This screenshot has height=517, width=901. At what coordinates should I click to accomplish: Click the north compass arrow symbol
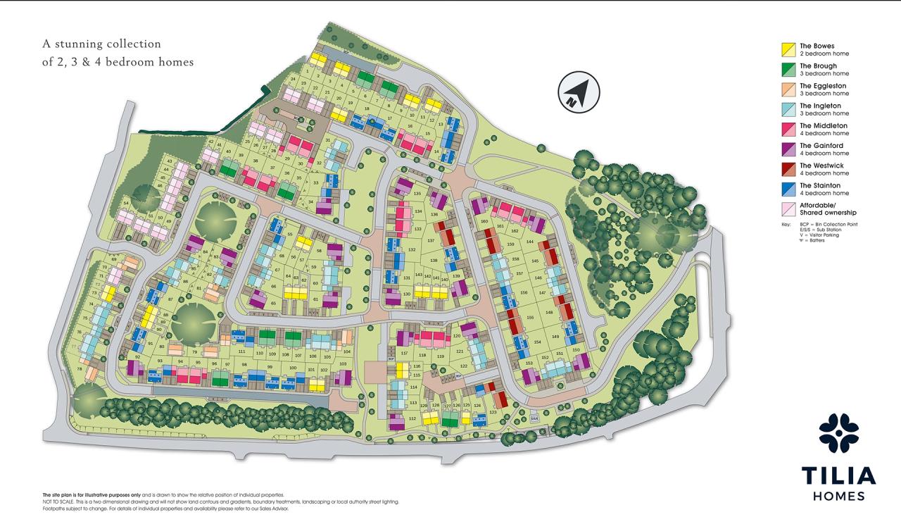(x=577, y=92)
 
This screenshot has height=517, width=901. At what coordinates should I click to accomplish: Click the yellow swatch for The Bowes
(x=788, y=49)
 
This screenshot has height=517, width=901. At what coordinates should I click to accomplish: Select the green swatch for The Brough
(x=788, y=69)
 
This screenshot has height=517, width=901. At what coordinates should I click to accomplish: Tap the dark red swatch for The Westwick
(x=788, y=169)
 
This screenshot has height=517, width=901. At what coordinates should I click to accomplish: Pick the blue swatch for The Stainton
(x=788, y=189)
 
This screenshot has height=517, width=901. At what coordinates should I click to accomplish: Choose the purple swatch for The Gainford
(x=788, y=149)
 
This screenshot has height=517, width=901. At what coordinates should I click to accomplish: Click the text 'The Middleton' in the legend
(x=824, y=125)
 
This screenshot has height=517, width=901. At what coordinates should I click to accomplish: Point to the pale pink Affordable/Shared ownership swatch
(x=788, y=208)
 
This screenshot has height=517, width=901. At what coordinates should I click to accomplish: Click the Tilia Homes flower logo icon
(x=838, y=432)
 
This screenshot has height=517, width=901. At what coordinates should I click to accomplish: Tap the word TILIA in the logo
(x=838, y=475)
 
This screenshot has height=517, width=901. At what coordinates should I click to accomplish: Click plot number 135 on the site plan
(x=417, y=194)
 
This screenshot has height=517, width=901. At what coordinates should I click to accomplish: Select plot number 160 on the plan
(x=484, y=221)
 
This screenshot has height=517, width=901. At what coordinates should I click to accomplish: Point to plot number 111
(x=241, y=351)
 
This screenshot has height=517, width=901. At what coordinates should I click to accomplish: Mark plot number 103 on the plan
(x=343, y=364)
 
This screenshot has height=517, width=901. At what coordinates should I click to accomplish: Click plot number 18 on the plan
(x=367, y=108)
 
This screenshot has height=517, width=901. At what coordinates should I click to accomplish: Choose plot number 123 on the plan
(x=493, y=412)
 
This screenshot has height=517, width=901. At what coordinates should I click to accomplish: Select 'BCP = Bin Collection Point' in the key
(x=826, y=224)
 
